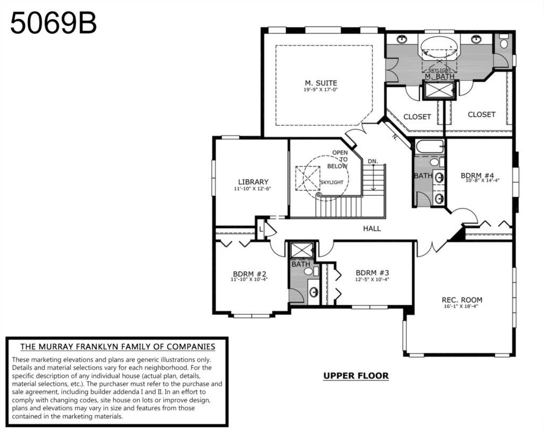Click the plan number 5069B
click(54, 23)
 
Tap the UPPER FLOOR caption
click(356, 376)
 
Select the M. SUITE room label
click(321, 83)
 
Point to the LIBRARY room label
click(253, 182)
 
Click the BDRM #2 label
click(250, 273)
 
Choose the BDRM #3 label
click(372, 272)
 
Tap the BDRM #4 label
click(478, 176)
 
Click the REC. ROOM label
click(462, 300)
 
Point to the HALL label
click(372, 229)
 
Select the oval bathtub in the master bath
click(439, 47)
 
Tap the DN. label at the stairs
click(373, 161)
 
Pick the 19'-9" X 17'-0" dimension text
click(320, 90)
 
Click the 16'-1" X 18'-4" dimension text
click(461, 307)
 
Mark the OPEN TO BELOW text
click(338, 160)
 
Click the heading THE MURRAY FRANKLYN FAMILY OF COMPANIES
click(117, 347)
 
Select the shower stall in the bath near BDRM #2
click(302, 250)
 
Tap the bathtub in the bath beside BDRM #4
click(430, 147)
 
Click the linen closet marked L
click(261, 229)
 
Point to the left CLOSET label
click(417, 117)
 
